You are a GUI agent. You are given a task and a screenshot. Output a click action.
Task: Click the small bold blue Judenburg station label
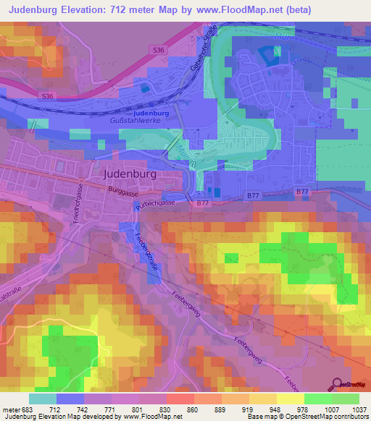click(x=151, y=114)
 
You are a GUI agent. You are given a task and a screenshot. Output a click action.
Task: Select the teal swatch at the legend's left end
click(x=43, y=399)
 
